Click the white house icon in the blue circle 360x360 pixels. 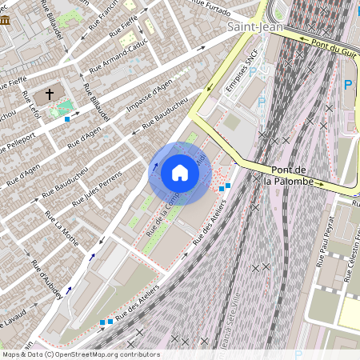[x=180, y=172]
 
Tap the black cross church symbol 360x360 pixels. [x=50, y=94]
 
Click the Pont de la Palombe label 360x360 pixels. [x=292, y=175]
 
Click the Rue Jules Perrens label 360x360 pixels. [x=94, y=188]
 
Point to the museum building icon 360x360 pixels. [x=6, y=19]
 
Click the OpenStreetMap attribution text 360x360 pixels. [x=80, y=354]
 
